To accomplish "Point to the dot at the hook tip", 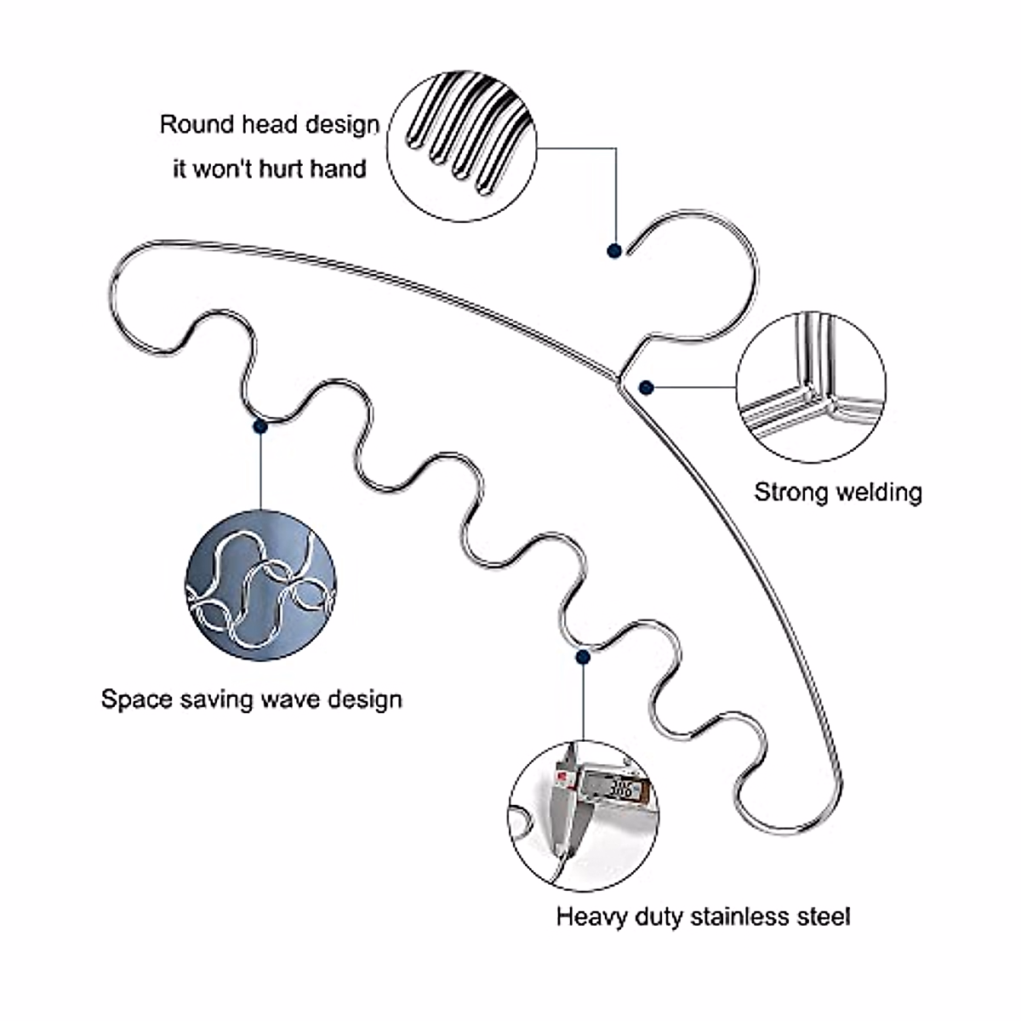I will (613, 251).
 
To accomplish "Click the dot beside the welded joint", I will (646, 387).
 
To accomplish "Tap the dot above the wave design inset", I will (260, 425).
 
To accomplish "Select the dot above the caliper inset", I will (583, 657).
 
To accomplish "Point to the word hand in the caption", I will (337, 168).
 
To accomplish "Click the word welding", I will (880, 492).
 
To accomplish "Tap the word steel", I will (825, 916).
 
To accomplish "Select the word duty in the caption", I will (659, 916).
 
